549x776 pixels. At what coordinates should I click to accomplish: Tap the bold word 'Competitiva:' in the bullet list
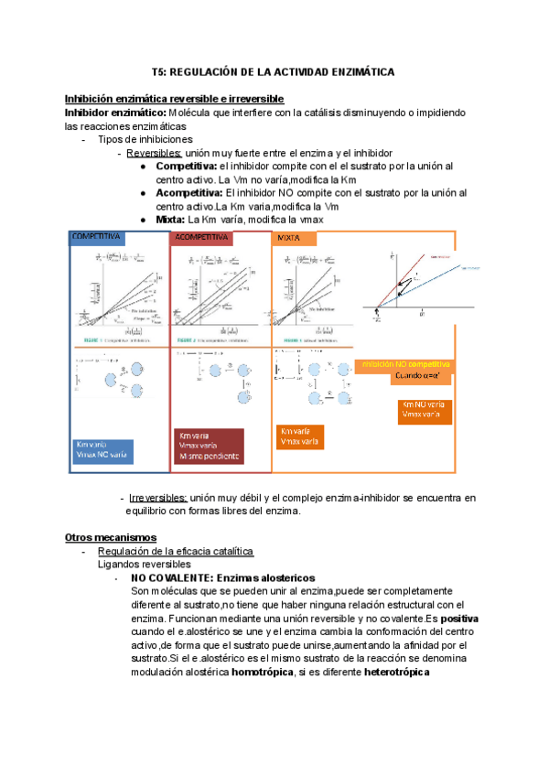[x=187, y=167]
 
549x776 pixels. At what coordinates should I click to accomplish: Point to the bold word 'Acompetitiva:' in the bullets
[x=189, y=193]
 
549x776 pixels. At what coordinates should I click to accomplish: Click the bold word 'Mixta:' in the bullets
[x=171, y=221]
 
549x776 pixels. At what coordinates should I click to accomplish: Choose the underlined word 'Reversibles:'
[x=155, y=153]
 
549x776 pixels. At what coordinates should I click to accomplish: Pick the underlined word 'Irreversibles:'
[x=158, y=498]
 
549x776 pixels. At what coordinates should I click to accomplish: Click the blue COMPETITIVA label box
[x=100, y=237]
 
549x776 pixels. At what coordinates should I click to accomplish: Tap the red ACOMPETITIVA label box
[x=202, y=237]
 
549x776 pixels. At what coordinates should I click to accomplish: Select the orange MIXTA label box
[x=295, y=238]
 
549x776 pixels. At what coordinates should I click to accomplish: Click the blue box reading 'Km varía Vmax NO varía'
[x=102, y=450]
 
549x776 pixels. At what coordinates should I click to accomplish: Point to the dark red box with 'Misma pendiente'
[x=210, y=446]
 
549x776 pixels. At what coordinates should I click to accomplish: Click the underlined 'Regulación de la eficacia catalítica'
[x=175, y=551]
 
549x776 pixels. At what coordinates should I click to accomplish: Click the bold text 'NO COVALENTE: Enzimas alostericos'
[x=223, y=578]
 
